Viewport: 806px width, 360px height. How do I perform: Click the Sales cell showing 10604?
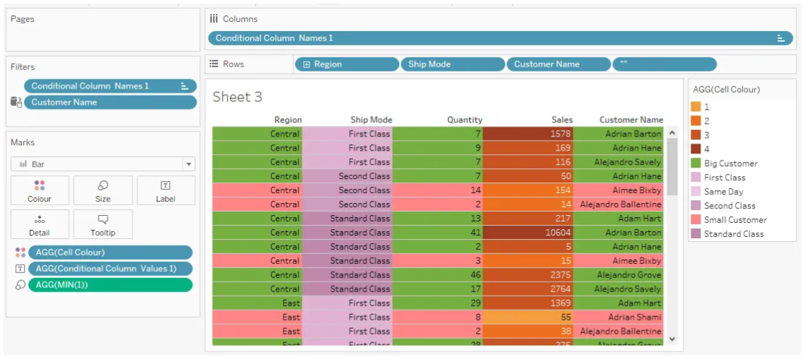tap(529, 233)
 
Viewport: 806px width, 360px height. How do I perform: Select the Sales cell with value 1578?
tap(529, 134)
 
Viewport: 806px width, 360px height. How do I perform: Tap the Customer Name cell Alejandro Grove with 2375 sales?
tap(618, 275)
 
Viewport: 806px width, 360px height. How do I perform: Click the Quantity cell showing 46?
tap(438, 275)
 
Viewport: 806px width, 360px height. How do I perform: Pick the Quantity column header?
tap(465, 120)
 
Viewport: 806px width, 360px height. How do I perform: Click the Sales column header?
tap(562, 120)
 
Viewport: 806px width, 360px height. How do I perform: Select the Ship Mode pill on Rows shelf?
tap(453, 64)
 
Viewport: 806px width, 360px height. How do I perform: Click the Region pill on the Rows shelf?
tap(347, 64)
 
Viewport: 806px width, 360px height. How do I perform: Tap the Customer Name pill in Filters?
tap(110, 103)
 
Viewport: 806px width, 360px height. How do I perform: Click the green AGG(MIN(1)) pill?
tap(110, 284)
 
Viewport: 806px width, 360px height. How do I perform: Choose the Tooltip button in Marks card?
tap(103, 224)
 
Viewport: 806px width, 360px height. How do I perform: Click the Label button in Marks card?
tap(166, 191)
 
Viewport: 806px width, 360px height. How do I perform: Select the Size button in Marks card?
tap(103, 191)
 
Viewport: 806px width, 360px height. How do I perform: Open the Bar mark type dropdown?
tap(188, 164)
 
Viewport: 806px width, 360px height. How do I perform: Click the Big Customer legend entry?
tap(730, 163)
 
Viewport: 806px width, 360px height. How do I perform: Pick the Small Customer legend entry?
tap(735, 220)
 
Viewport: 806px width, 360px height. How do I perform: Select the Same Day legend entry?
tap(724, 192)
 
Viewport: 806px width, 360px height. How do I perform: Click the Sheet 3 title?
tap(238, 98)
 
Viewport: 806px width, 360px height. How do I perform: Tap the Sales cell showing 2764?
tap(529, 289)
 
